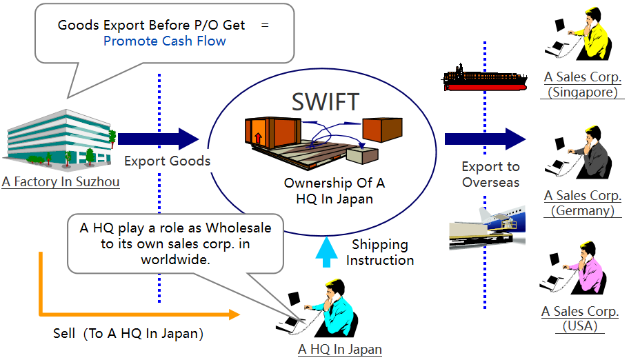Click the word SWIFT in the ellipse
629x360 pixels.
pyautogui.click(x=326, y=101)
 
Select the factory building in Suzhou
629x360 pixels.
pyautogui.click(x=61, y=138)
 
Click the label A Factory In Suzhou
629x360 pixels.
pyautogui.click(x=61, y=183)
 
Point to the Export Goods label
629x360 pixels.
pyautogui.click(x=167, y=161)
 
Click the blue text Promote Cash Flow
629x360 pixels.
pyautogui.click(x=164, y=41)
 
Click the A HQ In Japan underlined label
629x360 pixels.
pyautogui.click(x=339, y=350)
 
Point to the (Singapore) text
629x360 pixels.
pyautogui.click(x=582, y=92)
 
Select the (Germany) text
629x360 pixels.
pyautogui.click(x=582, y=211)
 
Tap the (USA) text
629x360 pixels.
pyautogui.click(x=582, y=326)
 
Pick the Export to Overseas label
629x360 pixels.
pyautogui.click(x=490, y=174)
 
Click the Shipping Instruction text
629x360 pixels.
pyautogui.click(x=380, y=252)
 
